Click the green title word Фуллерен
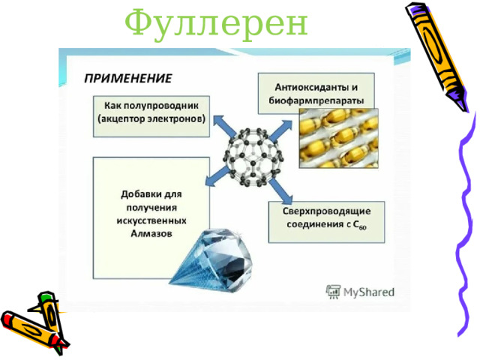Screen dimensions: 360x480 [x=216, y=24]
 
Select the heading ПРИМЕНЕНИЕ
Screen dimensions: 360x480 [x=127, y=78]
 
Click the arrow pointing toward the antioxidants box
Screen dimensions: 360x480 [x=280, y=130]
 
